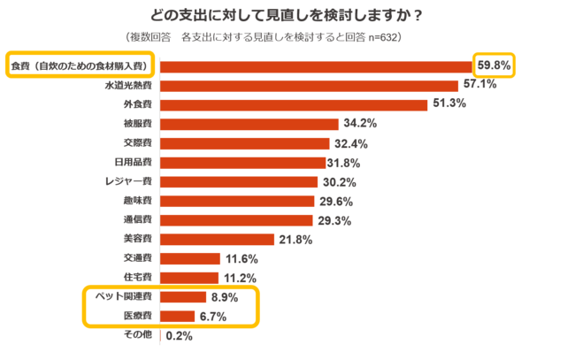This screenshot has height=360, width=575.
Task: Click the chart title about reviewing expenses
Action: (x=287, y=15)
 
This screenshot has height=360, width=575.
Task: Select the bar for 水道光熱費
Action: (x=310, y=85)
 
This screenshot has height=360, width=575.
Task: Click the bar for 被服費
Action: (x=249, y=124)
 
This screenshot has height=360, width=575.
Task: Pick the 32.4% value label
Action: (x=350, y=143)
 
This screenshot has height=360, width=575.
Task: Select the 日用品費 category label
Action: (x=134, y=163)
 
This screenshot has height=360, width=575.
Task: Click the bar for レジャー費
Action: (x=238, y=182)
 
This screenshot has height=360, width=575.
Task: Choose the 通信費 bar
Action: (x=236, y=220)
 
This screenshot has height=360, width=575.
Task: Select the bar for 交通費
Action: (x=189, y=259)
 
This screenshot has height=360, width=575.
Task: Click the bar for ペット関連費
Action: (x=182, y=297)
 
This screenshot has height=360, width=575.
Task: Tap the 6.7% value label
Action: (x=218, y=317)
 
